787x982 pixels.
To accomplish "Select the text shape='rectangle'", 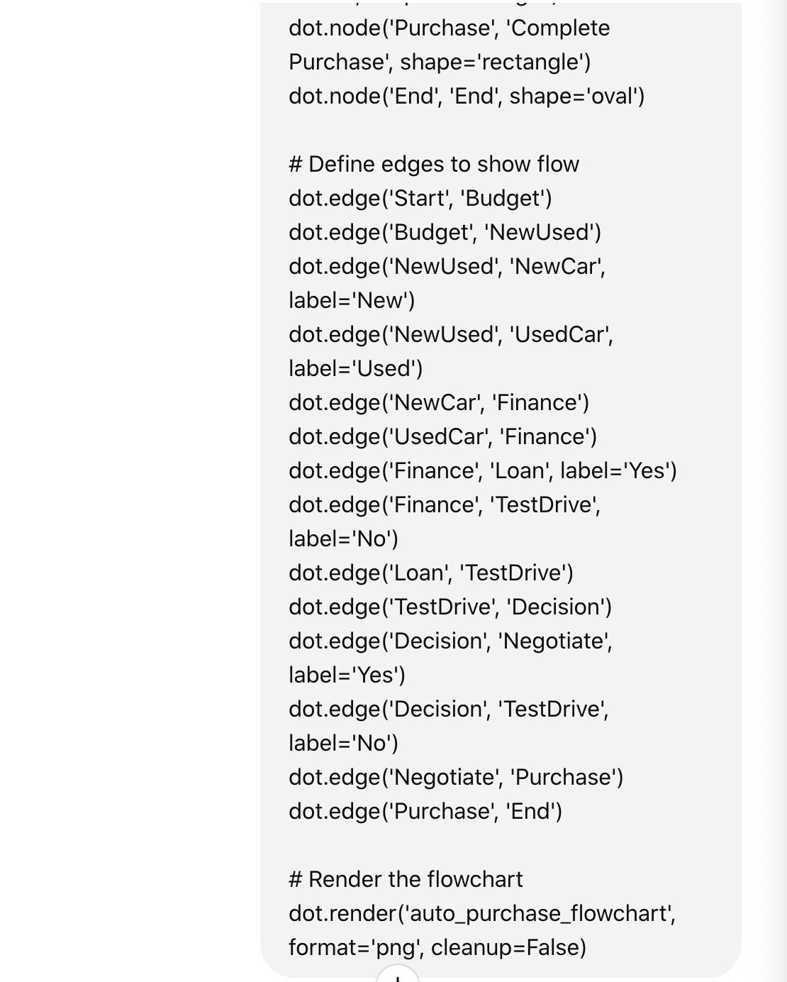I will coord(495,62).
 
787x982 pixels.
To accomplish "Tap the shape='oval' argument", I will coord(576,96).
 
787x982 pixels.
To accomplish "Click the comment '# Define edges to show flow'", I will coord(434,165).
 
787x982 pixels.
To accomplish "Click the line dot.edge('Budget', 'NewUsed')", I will coord(445,233).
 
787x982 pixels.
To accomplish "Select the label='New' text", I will coord(352,301).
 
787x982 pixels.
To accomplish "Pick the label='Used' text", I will coord(355,369).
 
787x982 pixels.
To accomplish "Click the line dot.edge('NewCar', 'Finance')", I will coord(439,403).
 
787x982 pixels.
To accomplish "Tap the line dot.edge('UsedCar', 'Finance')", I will coord(442,437).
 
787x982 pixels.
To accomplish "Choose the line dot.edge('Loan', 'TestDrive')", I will coord(431,573).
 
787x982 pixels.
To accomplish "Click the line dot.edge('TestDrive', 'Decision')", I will coord(450,607).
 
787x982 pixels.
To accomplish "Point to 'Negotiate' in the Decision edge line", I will coord(554,641).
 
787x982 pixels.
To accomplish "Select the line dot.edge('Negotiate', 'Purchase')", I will coord(456,778).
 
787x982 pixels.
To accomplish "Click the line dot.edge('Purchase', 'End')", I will coord(425,812).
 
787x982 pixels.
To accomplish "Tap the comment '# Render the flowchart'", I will coord(406,880).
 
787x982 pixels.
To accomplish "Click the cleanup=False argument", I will coord(508,948).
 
